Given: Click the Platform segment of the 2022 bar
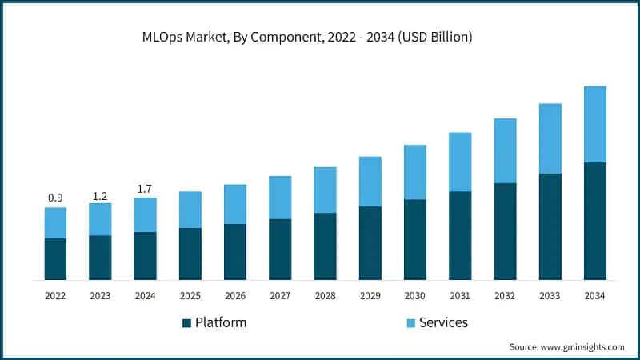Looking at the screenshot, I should [x=55, y=258].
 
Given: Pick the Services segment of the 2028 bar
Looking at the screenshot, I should [x=325, y=190].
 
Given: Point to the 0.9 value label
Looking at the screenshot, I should [x=55, y=198].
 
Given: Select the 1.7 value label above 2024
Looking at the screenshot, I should [x=145, y=188].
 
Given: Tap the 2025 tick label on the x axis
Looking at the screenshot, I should [x=190, y=295].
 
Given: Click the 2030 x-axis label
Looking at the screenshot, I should [x=414, y=295].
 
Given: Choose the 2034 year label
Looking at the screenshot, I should [x=594, y=295].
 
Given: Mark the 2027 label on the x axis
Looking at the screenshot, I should [x=280, y=295].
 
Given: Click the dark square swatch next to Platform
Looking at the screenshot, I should [x=187, y=323].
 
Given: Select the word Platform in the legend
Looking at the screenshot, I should [x=222, y=323].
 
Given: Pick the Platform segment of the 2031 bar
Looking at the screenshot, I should [x=460, y=235].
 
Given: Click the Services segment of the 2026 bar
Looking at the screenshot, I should [x=235, y=204].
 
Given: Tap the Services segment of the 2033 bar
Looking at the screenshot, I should [x=550, y=138].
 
